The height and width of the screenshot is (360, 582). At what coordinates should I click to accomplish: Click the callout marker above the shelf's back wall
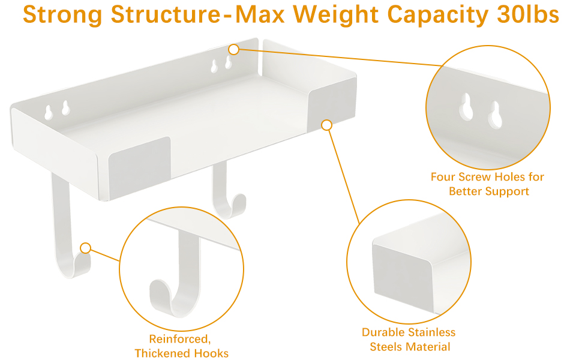click(x=234, y=49)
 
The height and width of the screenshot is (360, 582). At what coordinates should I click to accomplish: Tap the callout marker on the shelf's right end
click(x=326, y=125)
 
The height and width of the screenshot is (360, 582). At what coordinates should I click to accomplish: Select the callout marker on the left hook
click(x=86, y=248)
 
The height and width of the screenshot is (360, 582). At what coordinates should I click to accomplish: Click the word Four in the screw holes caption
click(x=443, y=177)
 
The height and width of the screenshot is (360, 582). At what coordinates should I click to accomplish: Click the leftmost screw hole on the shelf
click(x=48, y=111)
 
